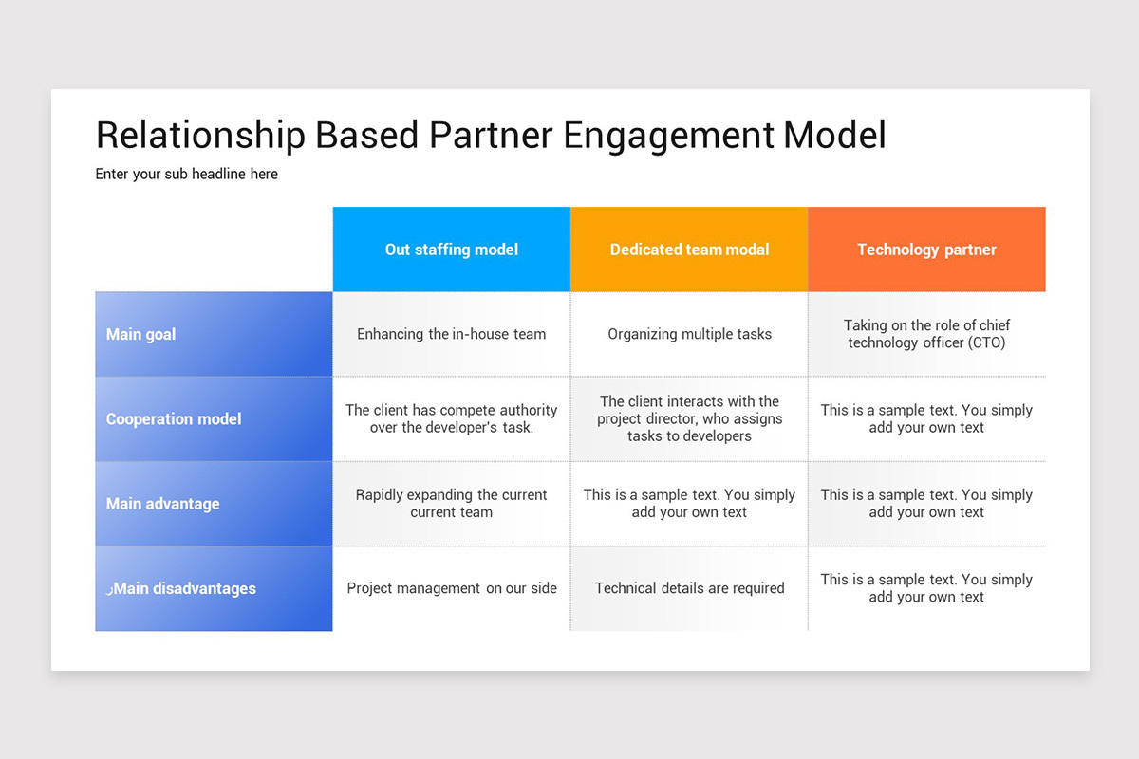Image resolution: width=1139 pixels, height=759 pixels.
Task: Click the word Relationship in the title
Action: [x=200, y=135]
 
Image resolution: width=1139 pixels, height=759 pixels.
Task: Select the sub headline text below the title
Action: [x=186, y=174]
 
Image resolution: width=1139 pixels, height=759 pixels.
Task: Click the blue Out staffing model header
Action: [x=452, y=250]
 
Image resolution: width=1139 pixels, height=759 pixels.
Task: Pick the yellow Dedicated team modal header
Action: [x=689, y=250]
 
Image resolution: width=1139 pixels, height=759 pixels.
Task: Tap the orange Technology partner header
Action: [x=926, y=250]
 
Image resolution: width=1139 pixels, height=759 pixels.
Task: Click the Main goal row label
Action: [x=141, y=334]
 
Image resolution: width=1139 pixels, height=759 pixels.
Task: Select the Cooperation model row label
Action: [x=174, y=418]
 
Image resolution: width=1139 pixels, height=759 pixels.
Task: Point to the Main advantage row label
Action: [x=162, y=504]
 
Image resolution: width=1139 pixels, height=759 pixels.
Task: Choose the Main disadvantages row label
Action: [x=182, y=588]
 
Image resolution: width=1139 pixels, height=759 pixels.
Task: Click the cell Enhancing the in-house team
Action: [x=452, y=334]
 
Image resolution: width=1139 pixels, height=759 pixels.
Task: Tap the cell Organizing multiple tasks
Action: [x=689, y=334]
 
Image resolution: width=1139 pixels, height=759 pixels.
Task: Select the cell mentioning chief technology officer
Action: [x=926, y=334]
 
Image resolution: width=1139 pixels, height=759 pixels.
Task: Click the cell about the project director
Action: [x=689, y=418]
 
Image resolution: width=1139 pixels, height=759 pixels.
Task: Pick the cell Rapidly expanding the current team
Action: [x=452, y=504]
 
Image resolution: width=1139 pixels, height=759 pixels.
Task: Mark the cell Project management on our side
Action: [x=452, y=588]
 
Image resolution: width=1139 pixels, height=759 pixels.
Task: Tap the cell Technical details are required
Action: [x=689, y=588]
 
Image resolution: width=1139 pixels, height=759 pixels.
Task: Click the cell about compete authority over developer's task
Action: [x=452, y=418]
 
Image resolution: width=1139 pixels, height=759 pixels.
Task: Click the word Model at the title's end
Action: [x=834, y=135]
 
